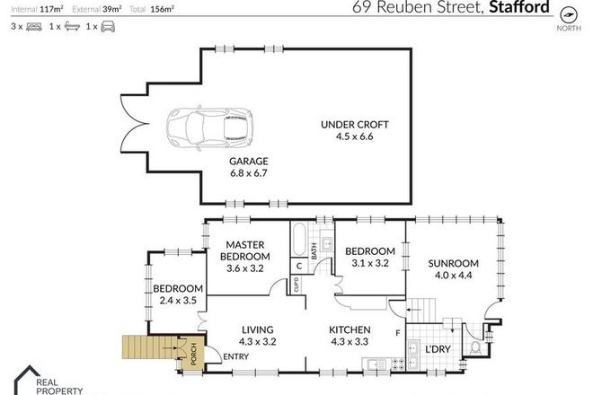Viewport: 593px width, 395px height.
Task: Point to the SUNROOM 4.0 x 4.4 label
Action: click(x=454, y=269)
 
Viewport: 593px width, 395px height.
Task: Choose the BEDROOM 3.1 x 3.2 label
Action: click(x=369, y=257)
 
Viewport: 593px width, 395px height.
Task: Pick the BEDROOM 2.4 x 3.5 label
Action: click(x=178, y=294)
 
